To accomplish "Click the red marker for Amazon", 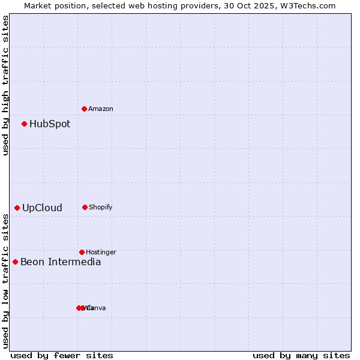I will click(85, 109).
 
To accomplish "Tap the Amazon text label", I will click(100, 109).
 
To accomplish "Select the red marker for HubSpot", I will click(25, 124).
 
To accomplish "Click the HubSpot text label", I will click(50, 124).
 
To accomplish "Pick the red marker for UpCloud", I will click(17, 208).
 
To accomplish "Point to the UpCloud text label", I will click(42, 208).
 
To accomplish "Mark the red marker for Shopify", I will click(85, 207).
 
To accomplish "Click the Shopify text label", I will click(100, 207).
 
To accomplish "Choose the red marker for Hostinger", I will click(82, 252).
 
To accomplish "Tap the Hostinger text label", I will click(101, 252).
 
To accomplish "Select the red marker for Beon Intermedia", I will click(16, 262).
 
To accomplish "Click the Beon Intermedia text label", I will click(61, 262).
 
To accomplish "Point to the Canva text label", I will click(97, 308).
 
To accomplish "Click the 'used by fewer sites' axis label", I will click(62, 355).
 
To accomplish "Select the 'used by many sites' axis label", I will click(301, 355).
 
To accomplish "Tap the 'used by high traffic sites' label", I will click(6, 85).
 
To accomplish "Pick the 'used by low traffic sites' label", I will click(6, 281).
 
